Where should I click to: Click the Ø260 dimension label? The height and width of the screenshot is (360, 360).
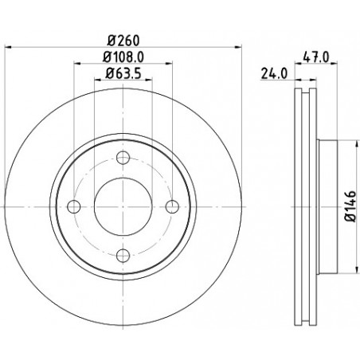point(123,41)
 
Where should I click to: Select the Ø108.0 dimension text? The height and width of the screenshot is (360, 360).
point(123,57)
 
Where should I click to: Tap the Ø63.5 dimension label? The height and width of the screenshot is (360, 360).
point(123,73)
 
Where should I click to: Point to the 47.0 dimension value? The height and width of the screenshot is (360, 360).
point(316,57)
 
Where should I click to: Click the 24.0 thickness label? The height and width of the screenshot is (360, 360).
point(274,73)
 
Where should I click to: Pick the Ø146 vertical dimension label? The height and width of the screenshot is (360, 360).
point(350,206)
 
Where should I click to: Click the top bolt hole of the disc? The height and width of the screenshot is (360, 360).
point(123,158)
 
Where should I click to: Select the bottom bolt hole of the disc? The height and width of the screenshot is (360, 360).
point(123,256)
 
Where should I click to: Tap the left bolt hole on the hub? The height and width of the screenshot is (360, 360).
point(74,206)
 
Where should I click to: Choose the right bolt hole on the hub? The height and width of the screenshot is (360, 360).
point(172,206)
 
